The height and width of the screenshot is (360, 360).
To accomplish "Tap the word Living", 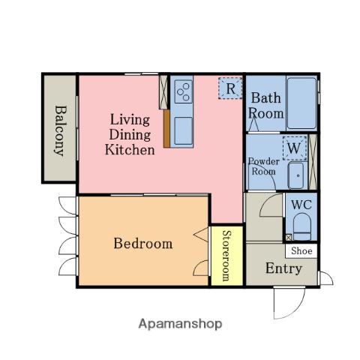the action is pyautogui.click(x=130, y=120).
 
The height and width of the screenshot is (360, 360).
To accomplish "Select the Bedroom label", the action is pyautogui.click(x=143, y=243).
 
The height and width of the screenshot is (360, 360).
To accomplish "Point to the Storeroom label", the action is pyautogui.click(x=226, y=256).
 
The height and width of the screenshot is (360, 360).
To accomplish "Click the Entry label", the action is pyautogui.click(x=283, y=268).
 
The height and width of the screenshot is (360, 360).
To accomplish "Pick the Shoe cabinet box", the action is pyautogui.click(x=301, y=250).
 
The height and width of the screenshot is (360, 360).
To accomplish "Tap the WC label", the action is pyautogui.click(x=301, y=205).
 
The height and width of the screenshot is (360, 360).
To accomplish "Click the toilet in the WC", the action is pyautogui.click(x=302, y=226).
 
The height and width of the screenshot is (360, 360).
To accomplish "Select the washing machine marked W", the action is pyautogui.click(x=295, y=148).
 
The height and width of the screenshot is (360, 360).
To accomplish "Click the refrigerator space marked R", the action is pyautogui.click(x=230, y=88).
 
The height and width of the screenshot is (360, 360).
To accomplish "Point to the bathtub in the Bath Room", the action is pyautogui.click(x=301, y=103).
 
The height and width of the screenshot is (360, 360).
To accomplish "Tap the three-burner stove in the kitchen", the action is pyautogui.click(x=184, y=91).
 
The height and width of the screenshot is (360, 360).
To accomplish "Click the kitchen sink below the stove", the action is pyautogui.click(x=184, y=131).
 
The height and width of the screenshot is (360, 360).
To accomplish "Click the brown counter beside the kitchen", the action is pyautogui.click(x=166, y=128).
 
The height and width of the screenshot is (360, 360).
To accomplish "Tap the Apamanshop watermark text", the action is pyautogui.click(x=180, y=324).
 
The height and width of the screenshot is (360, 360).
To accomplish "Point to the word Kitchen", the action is pyautogui.click(x=130, y=150).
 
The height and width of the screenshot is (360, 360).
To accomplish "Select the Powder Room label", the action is pyautogui.click(x=264, y=166).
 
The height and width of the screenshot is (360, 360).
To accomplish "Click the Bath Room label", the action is pyautogui.click(x=265, y=106).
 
